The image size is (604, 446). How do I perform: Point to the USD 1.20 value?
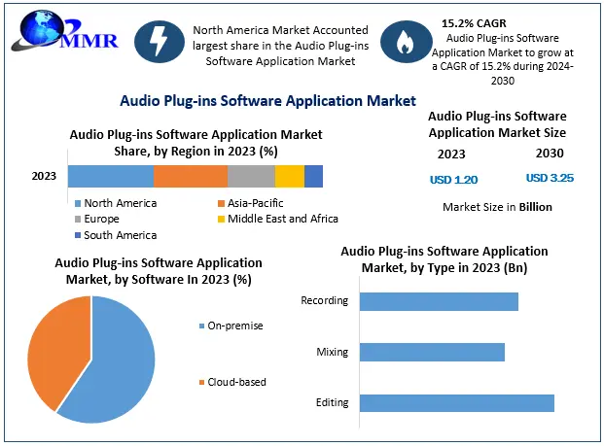453,180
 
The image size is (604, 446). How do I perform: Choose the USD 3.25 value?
550,179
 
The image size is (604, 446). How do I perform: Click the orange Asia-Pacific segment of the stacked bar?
191,176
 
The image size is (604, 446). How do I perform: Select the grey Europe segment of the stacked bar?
251,176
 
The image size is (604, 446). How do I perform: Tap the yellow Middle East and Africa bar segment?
290,176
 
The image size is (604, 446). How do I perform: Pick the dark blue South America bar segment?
313,176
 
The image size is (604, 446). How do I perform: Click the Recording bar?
439,301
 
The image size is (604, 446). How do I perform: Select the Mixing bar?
432,352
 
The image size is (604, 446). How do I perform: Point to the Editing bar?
456,402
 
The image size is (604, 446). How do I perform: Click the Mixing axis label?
332,352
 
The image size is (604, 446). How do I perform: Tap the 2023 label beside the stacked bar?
44,176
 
